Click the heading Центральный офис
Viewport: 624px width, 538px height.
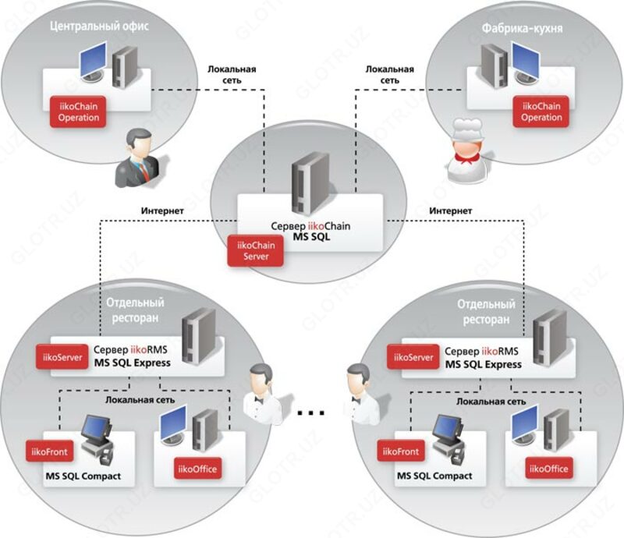coord(98,26)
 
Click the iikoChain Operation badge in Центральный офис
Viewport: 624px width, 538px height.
coord(79,112)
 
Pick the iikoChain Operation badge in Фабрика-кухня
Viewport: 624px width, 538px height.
coord(541,112)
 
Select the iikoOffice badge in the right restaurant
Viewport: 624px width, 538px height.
coord(548,469)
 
